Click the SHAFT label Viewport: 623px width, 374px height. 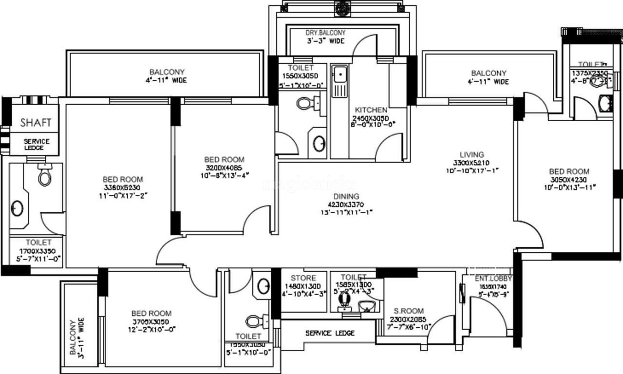click(x=36, y=123)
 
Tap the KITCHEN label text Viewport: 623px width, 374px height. click(x=371, y=110)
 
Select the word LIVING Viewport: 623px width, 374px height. click(x=471, y=155)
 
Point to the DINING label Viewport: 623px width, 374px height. click(x=346, y=196)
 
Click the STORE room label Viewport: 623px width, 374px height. click(x=303, y=278)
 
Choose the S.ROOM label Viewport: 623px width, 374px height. click(x=409, y=311)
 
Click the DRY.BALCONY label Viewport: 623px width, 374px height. click(x=325, y=33)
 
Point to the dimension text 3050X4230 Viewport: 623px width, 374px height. click(x=569, y=179)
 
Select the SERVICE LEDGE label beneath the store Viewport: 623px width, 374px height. click(x=330, y=333)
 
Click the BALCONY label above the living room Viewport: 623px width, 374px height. click(x=489, y=73)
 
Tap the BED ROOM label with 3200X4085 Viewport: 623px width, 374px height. click(x=224, y=159)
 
